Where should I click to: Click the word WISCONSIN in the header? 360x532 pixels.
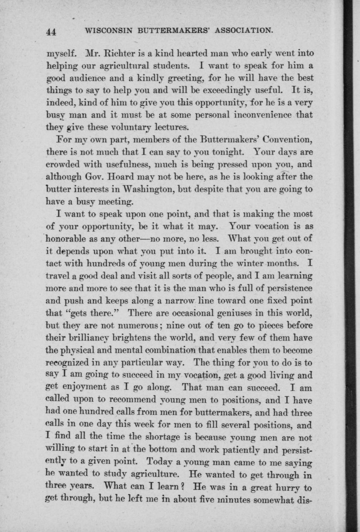(106, 30)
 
